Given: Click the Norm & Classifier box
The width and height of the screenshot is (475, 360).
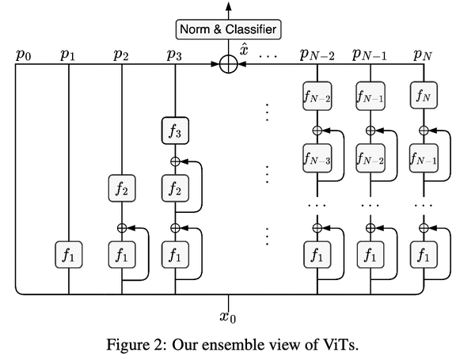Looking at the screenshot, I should [x=229, y=31].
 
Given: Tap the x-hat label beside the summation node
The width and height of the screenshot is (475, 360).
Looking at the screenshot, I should [x=245, y=49].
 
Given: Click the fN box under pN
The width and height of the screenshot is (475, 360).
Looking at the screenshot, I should [x=424, y=97].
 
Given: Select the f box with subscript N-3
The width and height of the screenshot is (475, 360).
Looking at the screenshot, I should [x=318, y=157].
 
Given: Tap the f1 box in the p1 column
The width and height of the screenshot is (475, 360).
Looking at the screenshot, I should [x=68, y=256].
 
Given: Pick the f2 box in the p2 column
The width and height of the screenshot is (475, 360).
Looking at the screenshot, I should [x=122, y=191].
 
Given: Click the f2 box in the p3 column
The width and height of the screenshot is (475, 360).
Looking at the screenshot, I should [x=175, y=191].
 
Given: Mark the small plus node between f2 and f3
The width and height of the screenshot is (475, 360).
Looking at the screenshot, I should [x=175, y=161].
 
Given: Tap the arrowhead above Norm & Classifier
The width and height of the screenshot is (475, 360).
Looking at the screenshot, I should [x=229, y=7].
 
